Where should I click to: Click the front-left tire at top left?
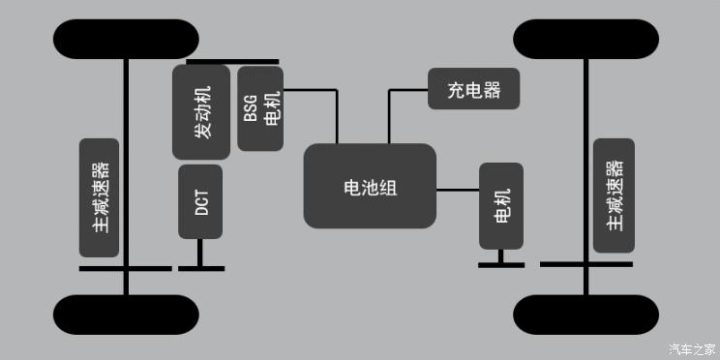point(127,39)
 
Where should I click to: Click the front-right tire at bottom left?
point(127,315)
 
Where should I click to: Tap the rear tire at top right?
point(585,39)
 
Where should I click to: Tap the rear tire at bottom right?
point(585,315)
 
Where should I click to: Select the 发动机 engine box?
point(201,112)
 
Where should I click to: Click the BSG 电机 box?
point(260,108)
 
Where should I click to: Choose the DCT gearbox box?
point(200,201)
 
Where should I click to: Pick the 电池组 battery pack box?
point(370,186)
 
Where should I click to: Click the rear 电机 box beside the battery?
point(501,205)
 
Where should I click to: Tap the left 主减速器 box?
point(100,197)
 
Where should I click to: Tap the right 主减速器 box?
point(614,195)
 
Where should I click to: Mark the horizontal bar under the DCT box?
point(201,268)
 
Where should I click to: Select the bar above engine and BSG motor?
point(232,62)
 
